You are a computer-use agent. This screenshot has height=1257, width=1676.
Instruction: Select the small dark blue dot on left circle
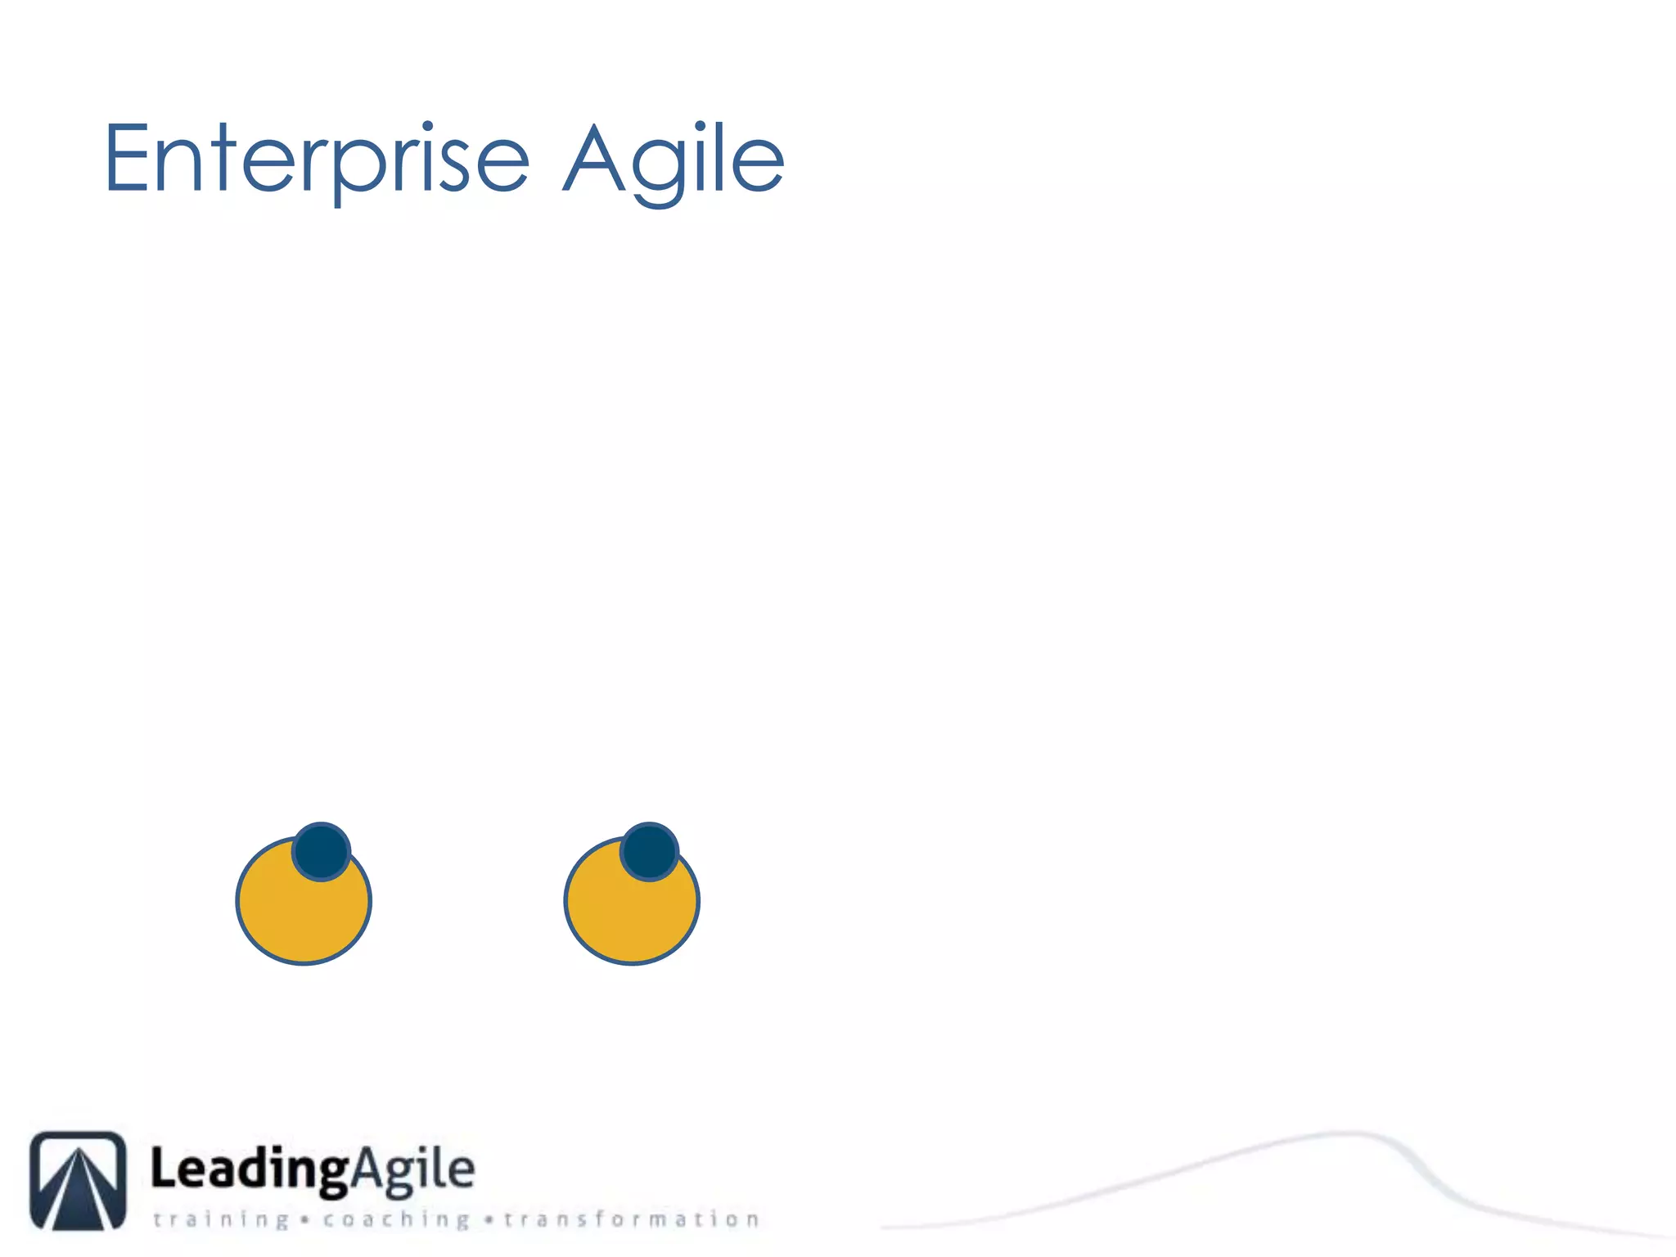(322, 852)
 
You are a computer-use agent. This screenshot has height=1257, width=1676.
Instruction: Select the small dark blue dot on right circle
(649, 852)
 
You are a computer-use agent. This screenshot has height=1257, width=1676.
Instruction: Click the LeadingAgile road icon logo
(79, 1180)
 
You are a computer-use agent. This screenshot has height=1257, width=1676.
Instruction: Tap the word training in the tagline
(221, 1220)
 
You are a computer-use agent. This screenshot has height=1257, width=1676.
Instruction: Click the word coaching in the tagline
(396, 1220)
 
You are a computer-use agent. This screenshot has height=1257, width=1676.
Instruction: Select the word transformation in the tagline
(632, 1220)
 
